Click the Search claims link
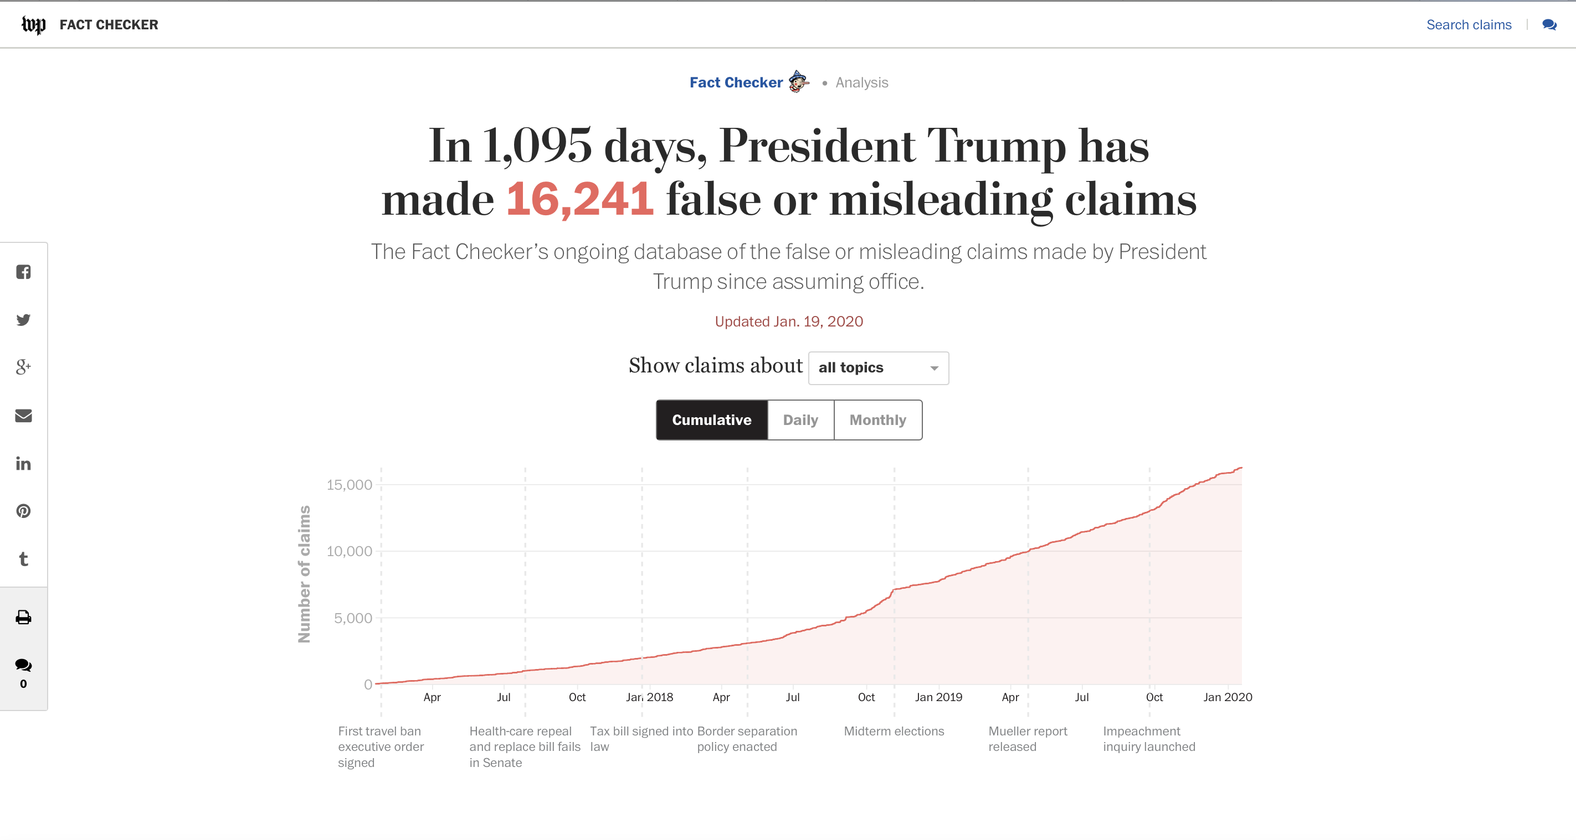[x=1469, y=24]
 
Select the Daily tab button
[x=800, y=420]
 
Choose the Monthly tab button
[x=877, y=420]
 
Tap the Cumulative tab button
[x=711, y=420]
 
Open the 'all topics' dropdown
[x=878, y=368]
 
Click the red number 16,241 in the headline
[x=579, y=199]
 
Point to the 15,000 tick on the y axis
[x=349, y=485]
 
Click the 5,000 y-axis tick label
[x=352, y=618]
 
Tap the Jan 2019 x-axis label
[x=938, y=697]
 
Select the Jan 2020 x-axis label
[x=1227, y=697]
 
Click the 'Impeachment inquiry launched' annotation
[x=1148, y=739]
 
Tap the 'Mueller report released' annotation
[x=1027, y=739]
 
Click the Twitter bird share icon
[x=23, y=320]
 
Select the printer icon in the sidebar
[x=23, y=618]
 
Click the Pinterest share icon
[x=23, y=511]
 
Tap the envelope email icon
[x=23, y=416]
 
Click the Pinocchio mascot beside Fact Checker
[x=798, y=81]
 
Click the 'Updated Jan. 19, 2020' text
[x=789, y=322]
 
